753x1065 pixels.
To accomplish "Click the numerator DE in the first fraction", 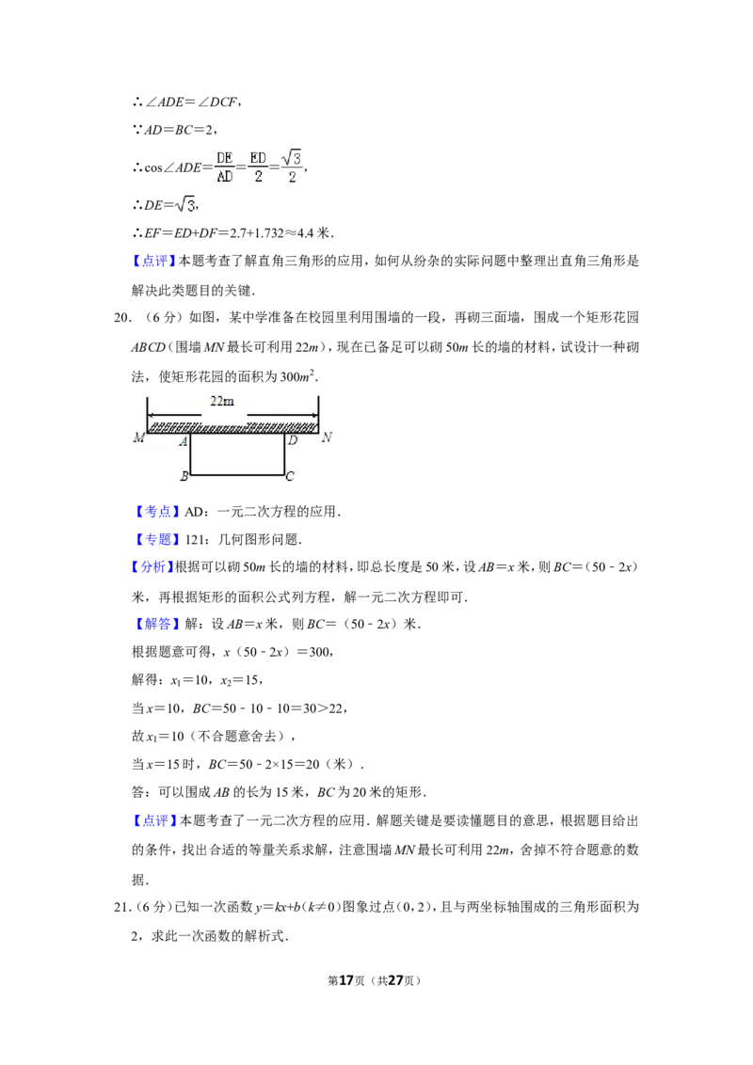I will (x=224, y=158).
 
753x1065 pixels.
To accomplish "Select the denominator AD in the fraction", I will (x=224, y=176).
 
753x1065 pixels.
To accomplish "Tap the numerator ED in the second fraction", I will (x=258, y=158).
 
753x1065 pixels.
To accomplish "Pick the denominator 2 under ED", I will (x=258, y=176).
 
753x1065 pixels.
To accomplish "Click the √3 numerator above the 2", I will (x=293, y=157).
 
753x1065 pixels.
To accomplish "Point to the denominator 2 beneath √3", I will (x=293, y=177).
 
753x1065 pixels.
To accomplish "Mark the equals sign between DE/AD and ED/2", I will (x=241, y=167).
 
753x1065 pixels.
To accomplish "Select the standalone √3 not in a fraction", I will (x=184, y=204).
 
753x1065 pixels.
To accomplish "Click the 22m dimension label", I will (x=221, y=401).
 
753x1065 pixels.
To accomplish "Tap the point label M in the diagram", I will (x=138, y=438).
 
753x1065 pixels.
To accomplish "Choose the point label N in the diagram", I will (x=327, y=437).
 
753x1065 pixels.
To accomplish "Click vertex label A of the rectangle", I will (x=183, y=441).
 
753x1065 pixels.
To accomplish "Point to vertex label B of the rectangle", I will (x=184, y=476).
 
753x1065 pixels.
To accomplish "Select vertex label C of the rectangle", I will (x=290, y=476).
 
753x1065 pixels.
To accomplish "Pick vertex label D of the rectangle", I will (x=293, y=440).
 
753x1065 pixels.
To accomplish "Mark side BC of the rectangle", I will (x=237, y=475).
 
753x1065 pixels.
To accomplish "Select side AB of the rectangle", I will (x=190, y=455).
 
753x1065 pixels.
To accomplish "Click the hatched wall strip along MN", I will (x=233, y=427).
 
